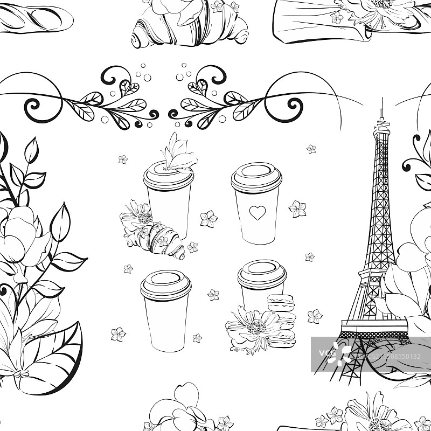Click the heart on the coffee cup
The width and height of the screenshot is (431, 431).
[258, 212]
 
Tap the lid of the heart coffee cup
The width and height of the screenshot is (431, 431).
[256, 177]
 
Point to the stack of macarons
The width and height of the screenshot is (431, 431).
[281, 321]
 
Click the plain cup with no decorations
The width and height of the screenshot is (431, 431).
[166, 311]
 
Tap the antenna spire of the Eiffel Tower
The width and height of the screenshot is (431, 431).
[381, 110]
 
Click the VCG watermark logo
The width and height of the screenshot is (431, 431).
[335, 354]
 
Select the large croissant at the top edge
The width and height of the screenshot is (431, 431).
[190, 23]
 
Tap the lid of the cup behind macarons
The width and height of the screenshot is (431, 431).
[262, 274]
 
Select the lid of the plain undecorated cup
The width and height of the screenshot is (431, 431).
[166, 285]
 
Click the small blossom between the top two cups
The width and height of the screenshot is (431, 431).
[208, 219]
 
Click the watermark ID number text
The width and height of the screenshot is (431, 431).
[388, 357]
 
